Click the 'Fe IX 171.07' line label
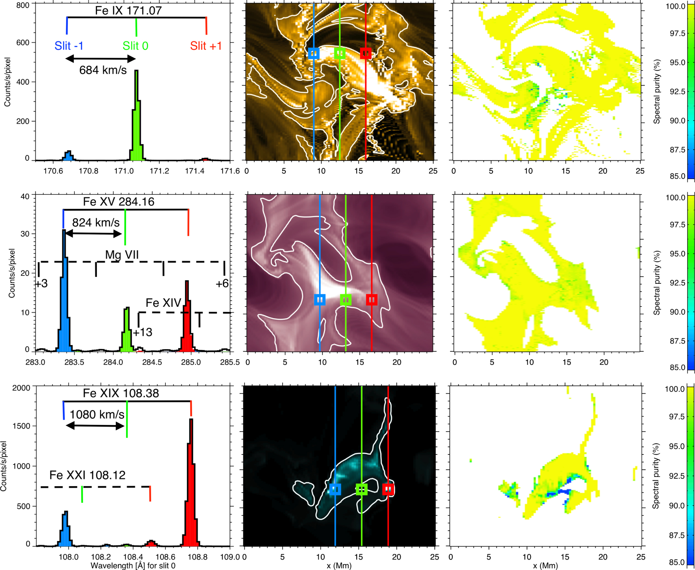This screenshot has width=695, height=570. pyautogui.click(x=128, y=10)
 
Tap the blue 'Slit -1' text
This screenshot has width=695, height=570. pyautogui.click(x=69, y=46)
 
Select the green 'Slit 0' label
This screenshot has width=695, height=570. pyautogui.click(x=136, y=46)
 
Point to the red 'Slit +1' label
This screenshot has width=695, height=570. pyautogui.click(x=206, y=46)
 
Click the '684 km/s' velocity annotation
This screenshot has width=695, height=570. pyautogui.click(x=103, y=70)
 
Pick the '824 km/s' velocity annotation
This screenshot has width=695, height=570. pyautogui.click(x=96, y=223)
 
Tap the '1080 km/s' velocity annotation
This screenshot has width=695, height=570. pyautogui.click(x=97, y=415)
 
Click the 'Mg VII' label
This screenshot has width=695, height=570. pyautogui.click(x=122, y=255)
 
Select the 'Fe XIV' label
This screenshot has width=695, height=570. pyautogui.click(x=163, y=303)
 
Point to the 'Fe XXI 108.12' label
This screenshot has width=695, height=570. pyautogui.click(x=87, y=475)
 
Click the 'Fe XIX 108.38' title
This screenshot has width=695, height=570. pyautogui.click(x=121, y=393)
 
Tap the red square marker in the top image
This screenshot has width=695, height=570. pyautogui.click(x=366, y=54)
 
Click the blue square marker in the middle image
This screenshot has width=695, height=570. pyautogui.click(x=320, y=300)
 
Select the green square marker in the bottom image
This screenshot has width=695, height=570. pyautogui.click(x=362, y=489)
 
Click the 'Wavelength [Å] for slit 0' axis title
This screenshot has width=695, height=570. pyautogui.click(x=133, y=566)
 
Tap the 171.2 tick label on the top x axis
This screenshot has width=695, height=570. pyautogui.click(x=159, y=171)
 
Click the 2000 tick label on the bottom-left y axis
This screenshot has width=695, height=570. pyautogui.click(x=22, y=388)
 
